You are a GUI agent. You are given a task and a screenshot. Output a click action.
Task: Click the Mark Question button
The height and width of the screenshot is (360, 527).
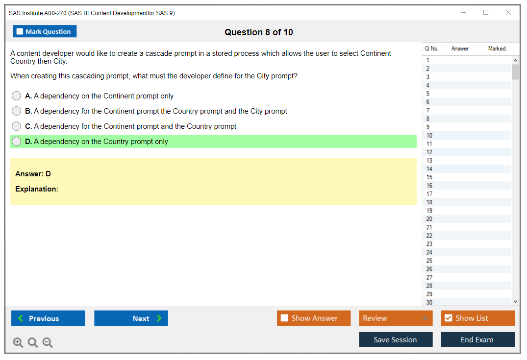point(45,31)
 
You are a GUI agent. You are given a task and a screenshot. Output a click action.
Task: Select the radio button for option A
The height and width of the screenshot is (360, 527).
point(17,96)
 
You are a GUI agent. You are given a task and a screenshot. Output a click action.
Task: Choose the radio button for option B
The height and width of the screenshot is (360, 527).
point(17,111)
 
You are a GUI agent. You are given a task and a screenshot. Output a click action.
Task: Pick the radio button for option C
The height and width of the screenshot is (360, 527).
point(17,126)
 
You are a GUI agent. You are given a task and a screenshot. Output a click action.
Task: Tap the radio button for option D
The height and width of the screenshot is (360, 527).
point(17,142)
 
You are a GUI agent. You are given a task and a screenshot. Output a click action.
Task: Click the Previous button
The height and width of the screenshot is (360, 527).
point(48,318)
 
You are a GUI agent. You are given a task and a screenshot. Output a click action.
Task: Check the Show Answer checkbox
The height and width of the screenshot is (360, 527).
point(284,318)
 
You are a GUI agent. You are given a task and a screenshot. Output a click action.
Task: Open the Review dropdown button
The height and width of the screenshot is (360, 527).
point(396,318)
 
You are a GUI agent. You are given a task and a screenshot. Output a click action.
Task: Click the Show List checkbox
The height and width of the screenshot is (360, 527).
point(449,318)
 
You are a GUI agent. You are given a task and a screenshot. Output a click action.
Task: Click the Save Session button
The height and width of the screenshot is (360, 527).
point(396,339)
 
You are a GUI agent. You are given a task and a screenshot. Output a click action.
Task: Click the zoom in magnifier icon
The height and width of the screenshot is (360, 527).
point(18,342)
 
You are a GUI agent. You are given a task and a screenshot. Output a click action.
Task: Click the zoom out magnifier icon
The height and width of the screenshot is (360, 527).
point(48,342)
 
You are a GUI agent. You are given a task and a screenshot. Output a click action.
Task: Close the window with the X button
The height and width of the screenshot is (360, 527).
point(508,12)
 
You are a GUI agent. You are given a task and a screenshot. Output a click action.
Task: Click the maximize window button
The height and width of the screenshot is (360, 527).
point(486,12)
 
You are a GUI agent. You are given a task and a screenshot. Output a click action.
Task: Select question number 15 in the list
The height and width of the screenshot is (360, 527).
point(429,177)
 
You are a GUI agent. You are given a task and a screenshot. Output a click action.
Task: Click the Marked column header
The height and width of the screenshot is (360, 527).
point(497,48)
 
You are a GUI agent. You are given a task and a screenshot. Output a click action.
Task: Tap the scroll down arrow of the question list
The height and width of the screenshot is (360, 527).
point(516,302)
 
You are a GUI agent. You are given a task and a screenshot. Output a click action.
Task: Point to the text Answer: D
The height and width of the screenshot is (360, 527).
point(33,173)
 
